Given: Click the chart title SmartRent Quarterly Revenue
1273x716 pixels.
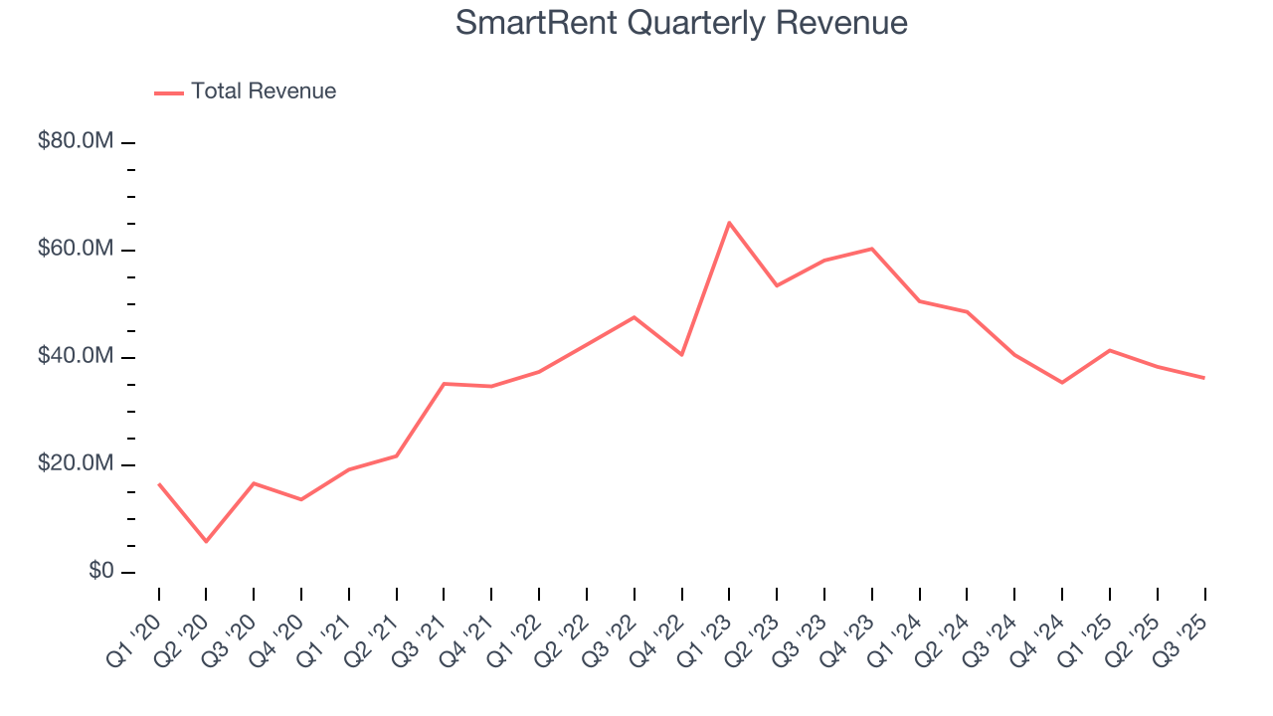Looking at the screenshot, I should coord(681,23).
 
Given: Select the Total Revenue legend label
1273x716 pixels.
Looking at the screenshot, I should coord(264,91).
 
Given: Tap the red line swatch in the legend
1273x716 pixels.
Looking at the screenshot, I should coord(169,92).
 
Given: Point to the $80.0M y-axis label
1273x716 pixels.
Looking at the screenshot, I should coord(76,141).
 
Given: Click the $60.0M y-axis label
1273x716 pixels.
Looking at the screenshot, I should coord(76,249).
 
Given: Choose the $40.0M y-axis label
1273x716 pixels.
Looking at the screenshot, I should coord(76,357).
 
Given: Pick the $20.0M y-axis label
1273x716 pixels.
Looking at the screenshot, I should coord(76,464).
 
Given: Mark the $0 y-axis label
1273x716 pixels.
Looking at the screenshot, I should coord(99,572).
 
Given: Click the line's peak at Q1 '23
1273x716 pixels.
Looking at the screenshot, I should coord(729,222).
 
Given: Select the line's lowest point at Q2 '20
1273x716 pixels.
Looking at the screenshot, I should coord(206,542).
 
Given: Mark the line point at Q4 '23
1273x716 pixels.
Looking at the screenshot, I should coord(872,249).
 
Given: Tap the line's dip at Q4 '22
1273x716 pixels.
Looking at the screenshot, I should coord(681,355).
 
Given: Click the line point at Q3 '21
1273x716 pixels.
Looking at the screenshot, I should coord(444,383).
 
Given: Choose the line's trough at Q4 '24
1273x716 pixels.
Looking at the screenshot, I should coord(1062,383).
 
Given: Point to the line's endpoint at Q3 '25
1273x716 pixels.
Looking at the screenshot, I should coord(1204,378).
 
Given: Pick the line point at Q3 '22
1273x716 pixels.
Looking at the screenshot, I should coord(635,317).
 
